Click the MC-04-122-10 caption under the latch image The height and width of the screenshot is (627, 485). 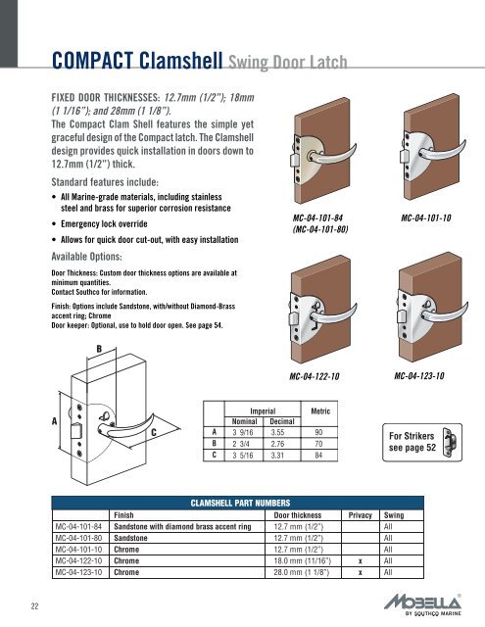pos(322,376)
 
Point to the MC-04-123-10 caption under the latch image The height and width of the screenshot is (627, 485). pos(422,376)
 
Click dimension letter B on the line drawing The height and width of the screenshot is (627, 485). pos(98,348)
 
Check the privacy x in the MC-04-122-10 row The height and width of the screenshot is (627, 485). pos(361,559)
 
